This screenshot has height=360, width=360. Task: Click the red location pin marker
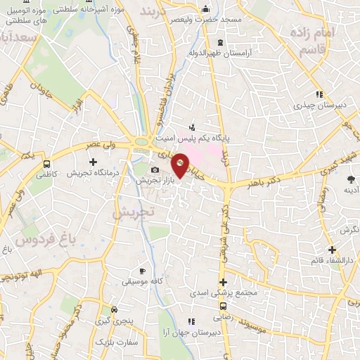[181, 165]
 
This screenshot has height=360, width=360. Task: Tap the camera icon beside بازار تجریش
[155, 170]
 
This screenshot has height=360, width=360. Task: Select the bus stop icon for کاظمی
[46, 165]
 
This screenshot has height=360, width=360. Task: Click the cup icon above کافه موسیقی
[142, 271]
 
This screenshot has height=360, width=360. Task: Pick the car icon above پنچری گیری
[115, 309]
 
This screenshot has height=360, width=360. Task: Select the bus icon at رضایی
[223, 307]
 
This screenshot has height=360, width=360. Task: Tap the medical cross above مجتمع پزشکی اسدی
[223, 282]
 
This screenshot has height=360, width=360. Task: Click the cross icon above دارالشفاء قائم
[332, 250]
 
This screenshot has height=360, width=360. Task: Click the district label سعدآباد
[22, 35]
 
